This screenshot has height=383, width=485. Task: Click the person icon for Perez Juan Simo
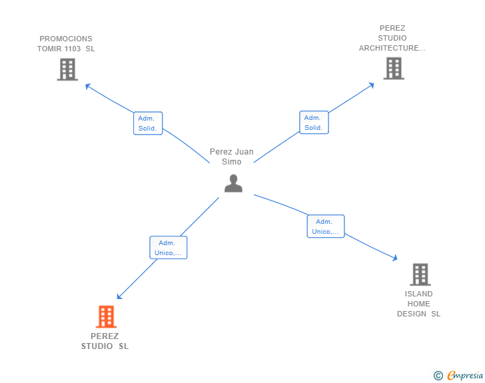tap(233, 183)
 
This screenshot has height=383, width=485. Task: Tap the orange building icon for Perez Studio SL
tap(106, 316)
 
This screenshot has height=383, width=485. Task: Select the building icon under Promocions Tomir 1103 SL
tap(67, 69)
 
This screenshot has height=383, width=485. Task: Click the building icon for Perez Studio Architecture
tap(394, 68)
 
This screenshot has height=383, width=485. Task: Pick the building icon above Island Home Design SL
tap(420, 274)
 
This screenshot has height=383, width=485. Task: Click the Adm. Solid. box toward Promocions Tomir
tap(147, 123)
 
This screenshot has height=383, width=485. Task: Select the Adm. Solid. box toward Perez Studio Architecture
tap(314, 123)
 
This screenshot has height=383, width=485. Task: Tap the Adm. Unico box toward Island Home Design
tap(325, 226)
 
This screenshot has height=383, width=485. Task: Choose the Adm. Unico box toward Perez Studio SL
tap(168, 248)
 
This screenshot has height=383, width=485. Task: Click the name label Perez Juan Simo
tap(232, 157)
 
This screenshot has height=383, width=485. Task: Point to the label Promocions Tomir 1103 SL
tap(66, 43)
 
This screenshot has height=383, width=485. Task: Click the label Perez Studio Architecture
tap(392, 38)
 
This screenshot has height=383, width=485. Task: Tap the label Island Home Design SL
tap(418, 304)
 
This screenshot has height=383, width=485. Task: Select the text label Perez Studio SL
tap(105, 341)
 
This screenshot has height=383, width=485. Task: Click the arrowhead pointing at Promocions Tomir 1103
tap(87, 85)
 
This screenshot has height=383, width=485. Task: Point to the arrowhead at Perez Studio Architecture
tap(372, 85)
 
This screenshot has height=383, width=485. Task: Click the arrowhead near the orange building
tap(119, 297)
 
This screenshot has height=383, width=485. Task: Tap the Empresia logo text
tap(465, 376)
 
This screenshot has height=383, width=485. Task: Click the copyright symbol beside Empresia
tap(438, 376)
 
